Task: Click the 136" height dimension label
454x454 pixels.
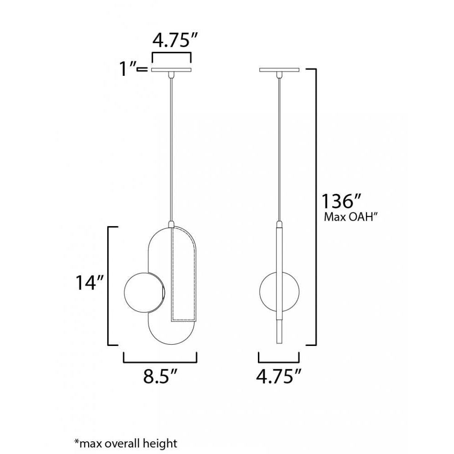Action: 341,201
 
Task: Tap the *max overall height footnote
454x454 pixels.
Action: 125,443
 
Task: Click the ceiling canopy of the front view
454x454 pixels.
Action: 172,70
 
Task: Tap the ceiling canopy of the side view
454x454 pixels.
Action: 279,70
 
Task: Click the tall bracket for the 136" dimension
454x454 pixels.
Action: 315,207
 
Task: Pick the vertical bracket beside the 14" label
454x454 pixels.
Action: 108,285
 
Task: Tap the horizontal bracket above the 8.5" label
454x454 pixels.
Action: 160,361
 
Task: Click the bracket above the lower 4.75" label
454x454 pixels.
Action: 279,361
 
